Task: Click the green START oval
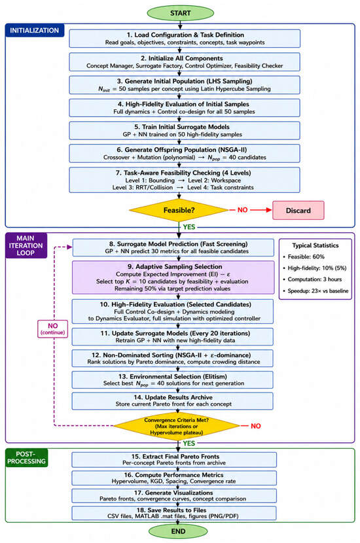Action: [x=180, y=13]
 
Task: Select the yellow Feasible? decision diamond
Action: [x=179, y=210]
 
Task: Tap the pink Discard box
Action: [x=298, y=210]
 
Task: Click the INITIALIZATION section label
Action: [x=34, y=31]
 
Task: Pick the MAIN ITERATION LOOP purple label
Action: [x=26, y=245]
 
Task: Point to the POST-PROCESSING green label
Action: [x=26, y=457]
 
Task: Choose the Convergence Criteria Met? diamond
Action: [x=176, y=426]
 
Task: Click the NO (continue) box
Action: [x=52, y=329]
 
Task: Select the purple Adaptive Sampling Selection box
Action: [x=173, y=277]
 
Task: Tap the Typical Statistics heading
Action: [x=315, y=245]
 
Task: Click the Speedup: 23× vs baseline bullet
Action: [x=315, y=291]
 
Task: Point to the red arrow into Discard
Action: [x=261, y=210]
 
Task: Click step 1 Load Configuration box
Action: [x=185, y=39]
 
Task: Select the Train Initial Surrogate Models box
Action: [x=185, y=131]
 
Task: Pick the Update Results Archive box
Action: [x=173, y=400]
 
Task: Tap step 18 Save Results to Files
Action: [x=174, y=513]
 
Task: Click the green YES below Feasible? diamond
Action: [x=189, y=227]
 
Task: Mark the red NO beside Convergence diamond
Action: [x=256, y=426]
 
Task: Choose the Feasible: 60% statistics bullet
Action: [x=304, y=256]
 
